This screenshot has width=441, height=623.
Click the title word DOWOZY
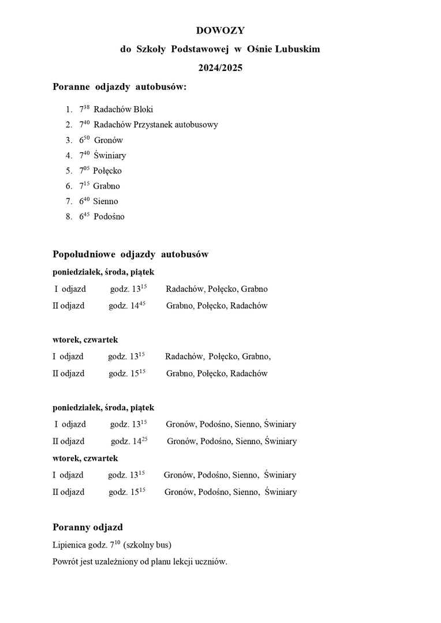tap(220, 31)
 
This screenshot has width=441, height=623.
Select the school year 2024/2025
tap(220, 67)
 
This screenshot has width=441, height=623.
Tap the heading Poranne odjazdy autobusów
tap(119, 87)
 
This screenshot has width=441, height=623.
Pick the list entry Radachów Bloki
tap(123, 109)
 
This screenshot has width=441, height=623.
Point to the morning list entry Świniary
tap(110, 155)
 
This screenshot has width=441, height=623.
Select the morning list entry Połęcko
tap(107, 171)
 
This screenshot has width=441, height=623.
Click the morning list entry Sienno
tap(105, 201)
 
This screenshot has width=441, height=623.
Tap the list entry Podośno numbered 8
tap(109, 217)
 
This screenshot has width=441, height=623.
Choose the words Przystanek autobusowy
tap(177, 125)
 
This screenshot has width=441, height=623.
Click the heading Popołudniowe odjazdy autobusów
tap(130, 254)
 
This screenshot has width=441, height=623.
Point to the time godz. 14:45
tap(127, 306)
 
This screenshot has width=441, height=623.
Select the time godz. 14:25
tap(129, 441)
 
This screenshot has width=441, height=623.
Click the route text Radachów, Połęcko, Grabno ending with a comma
tap(218, 356)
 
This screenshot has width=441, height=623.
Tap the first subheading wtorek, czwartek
tap(85, 340)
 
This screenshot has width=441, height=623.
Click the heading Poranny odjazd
tap(87, 527)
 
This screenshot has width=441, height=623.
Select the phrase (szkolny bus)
tap(147, 545)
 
